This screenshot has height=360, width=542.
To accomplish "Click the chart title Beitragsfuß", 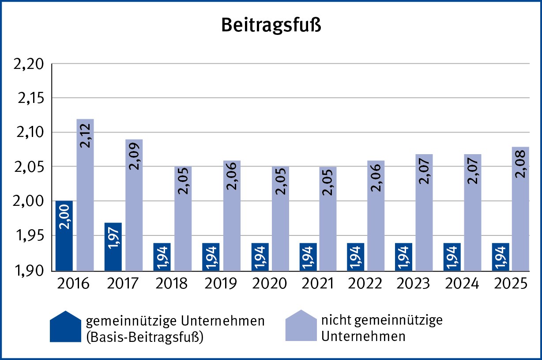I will (x=271, y=26).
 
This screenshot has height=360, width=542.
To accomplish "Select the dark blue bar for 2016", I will (x=64, y=235).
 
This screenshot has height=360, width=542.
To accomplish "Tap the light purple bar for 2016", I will (x=85, y=194).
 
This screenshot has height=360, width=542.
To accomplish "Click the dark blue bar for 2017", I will (x=113, y=246).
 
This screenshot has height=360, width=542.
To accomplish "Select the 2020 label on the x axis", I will (x=270, y=283).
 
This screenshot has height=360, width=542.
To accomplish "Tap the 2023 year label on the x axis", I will (x=412, y=283).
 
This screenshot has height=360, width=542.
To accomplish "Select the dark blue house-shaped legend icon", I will (x=65, y=327).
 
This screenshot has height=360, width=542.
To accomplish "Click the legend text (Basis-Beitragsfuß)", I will (x=145, y=336).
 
